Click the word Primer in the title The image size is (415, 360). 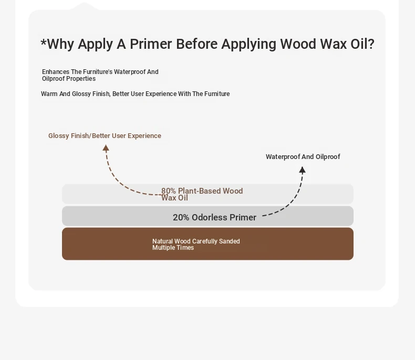[x=151, y=44]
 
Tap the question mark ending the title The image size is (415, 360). [x=371, y=44]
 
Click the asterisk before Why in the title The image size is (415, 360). [x=44, y=42]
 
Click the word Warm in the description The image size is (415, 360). [x=49, y=94]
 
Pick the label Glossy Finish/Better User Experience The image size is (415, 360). [x=105, y=136]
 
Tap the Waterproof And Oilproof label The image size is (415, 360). [x=303, y=157]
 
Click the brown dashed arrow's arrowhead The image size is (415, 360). [x=106, y=148]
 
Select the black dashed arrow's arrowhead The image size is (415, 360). [x=302, y=170]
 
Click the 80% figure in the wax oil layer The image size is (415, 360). [x=169, y=191]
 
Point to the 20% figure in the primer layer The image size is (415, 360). [x=181, y=218]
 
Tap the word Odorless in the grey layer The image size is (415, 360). [x=210, y=218]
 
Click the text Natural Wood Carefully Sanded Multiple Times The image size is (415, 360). [x=196, y=245]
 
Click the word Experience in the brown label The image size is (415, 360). [x=144, y=136]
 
